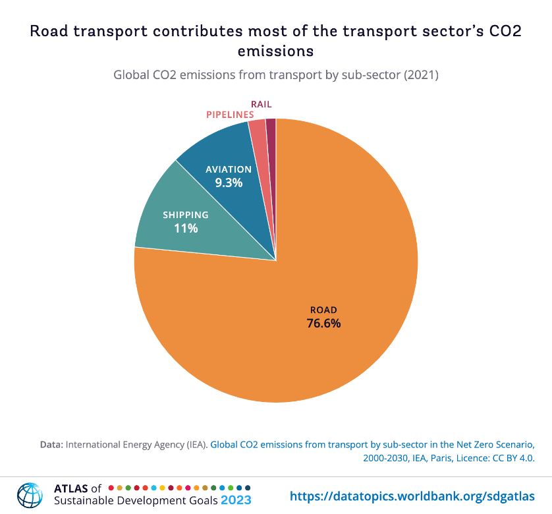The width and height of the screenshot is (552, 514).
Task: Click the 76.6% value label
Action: (x=323, y=324)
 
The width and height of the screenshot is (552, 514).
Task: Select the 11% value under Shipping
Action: (x=186, y=229)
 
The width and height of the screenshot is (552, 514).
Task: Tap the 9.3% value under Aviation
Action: (x=229, y=183)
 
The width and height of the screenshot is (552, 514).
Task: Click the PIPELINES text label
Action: (x=230, y=115)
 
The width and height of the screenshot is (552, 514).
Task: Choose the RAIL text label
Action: (x=261, y=104)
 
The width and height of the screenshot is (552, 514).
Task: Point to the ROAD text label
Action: (x=323, y=310)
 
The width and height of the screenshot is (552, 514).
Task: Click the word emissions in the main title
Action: (x=276, y=50)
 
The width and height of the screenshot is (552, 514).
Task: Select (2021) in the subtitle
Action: (x=422, y=75)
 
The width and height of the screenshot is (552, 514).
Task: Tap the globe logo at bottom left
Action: (x=29, y=495)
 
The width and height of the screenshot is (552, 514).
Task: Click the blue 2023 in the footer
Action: (x=236, y=501)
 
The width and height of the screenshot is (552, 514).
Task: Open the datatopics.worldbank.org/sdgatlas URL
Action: (x=412, y=495)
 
